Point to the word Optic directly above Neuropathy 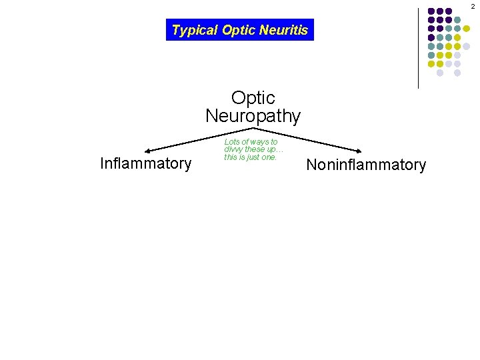(x=253, y=98)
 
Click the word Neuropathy (x=253, y=116)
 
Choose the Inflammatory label (x=145, y=163)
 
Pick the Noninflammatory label (x=365, y=165)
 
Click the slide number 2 (x=473, y=6)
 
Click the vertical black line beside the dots (x=418, y=47)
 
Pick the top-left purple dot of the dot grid (x=431, y=11)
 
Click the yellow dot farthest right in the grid (x=467, y=29)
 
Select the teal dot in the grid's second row (x=457, y=20)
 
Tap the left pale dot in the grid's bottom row (x=440, y=73)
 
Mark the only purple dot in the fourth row (x=431, y=37)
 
